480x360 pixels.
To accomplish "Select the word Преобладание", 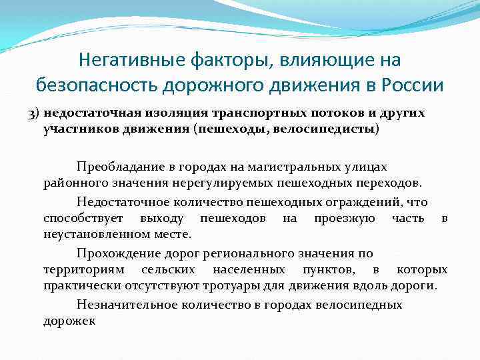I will tap(116, 165).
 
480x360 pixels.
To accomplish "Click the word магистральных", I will tap(297, 165).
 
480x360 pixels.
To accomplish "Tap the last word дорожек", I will tap(69, 321).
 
